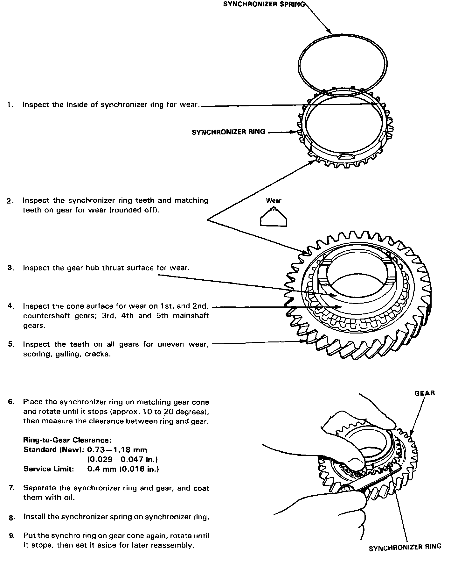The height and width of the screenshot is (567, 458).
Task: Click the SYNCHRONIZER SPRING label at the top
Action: click(264, 4)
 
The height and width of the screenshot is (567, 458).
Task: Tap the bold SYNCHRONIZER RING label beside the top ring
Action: click(228, 132)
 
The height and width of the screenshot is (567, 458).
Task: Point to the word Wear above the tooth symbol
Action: click(274, 201)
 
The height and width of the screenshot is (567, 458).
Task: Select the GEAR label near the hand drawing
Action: click(425, 393)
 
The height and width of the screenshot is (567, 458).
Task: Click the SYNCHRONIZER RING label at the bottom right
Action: click(405, 547)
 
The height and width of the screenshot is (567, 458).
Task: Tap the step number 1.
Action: click(10, 105)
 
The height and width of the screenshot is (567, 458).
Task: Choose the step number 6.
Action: click(11, 402)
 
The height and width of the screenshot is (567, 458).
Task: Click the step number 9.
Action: click(12, 536)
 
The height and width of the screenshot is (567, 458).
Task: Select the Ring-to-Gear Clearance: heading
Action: click(67, 440)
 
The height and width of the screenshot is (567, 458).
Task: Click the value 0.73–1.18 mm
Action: click(117, 450)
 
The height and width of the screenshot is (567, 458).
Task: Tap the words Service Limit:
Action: click(49, 469)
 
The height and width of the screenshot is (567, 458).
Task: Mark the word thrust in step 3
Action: click(114, 268)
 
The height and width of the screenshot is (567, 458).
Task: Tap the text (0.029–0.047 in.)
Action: click(123, 459)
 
